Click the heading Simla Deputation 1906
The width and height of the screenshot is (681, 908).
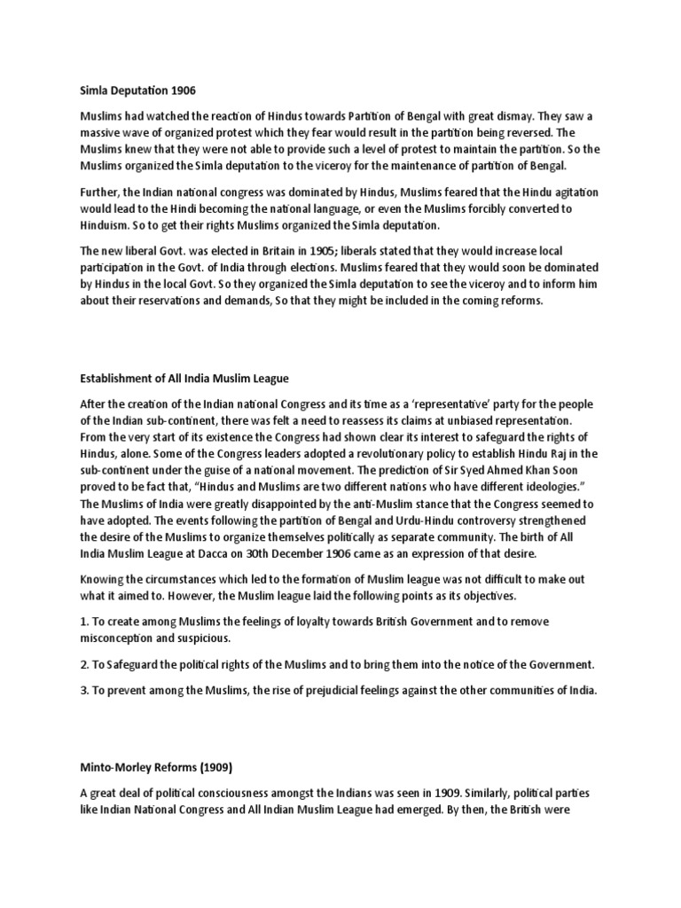137,90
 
